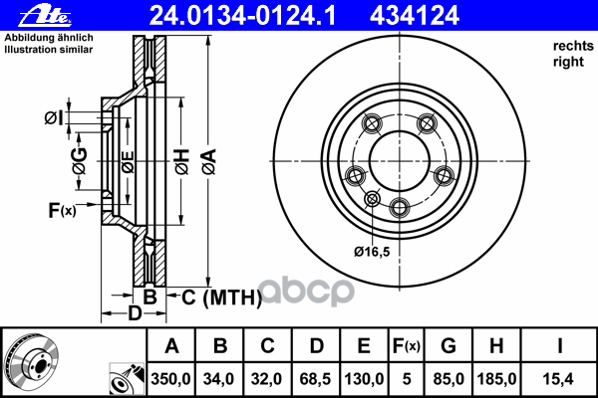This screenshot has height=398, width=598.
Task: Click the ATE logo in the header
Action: coord(45,16)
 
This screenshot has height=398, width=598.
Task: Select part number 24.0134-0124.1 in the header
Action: coord(242,16)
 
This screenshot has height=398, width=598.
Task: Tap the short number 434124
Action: coord(415,16)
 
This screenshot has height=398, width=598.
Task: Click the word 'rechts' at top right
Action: coord(573,46)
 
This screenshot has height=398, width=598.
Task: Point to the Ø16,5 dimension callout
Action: coord(372,252)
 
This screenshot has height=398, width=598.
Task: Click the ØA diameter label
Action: coord(209,161)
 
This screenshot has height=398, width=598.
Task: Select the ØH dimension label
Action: coord(182,161)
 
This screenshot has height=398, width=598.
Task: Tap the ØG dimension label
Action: coord(80,161)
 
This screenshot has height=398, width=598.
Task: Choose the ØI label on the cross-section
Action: coord(54,118)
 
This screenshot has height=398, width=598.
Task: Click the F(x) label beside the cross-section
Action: coord(62,210)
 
